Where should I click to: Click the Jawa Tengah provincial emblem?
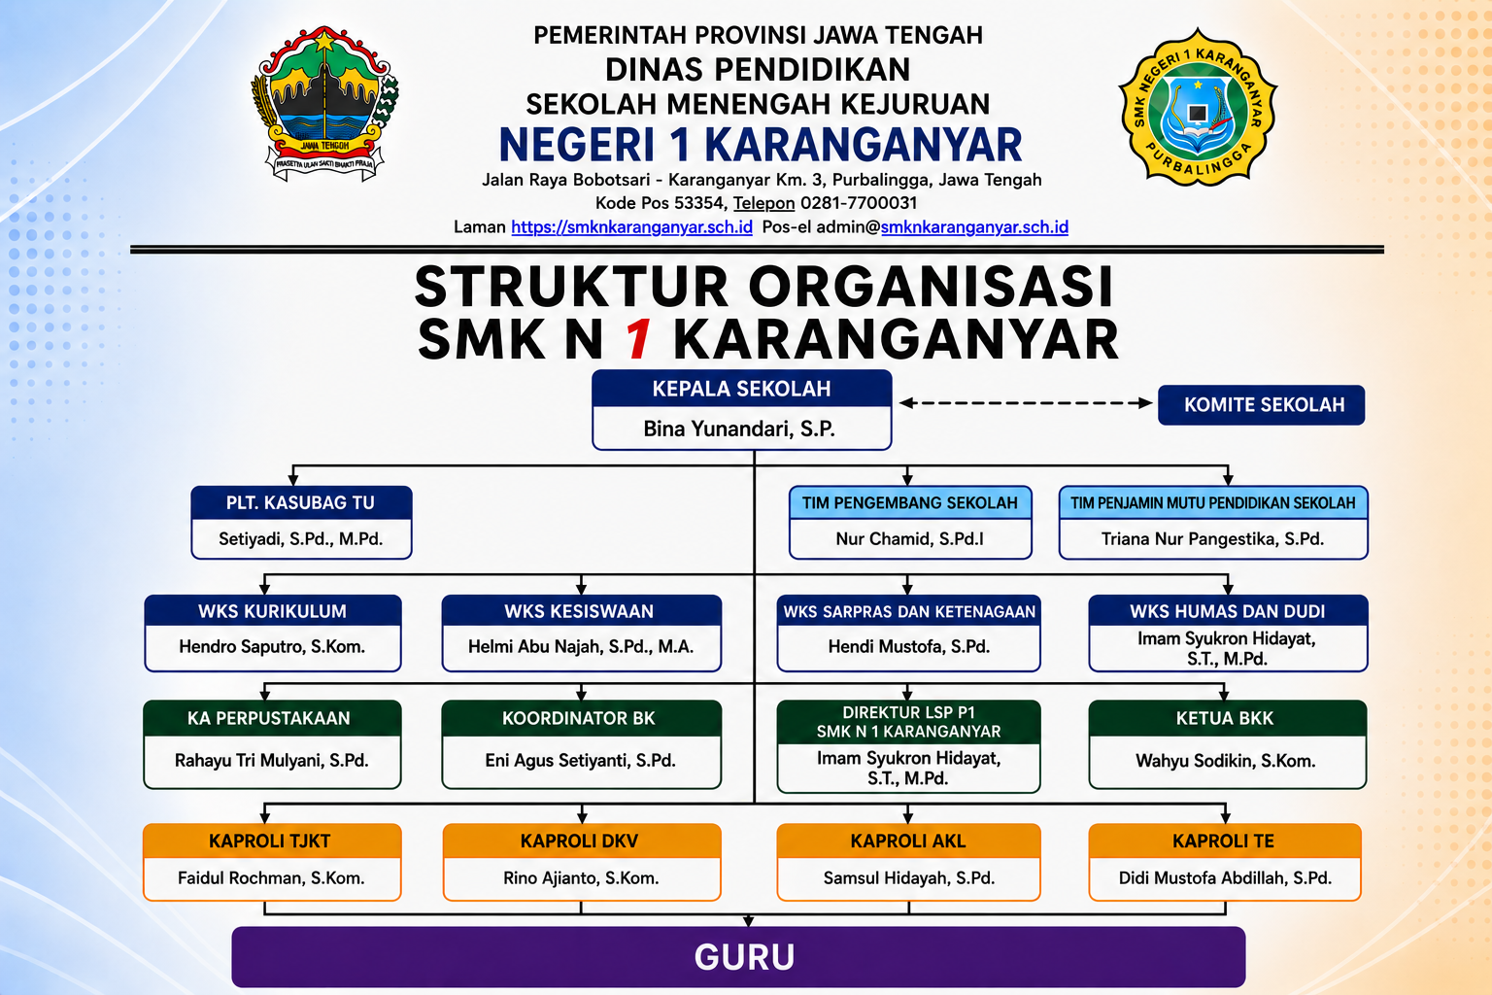pyautogui.click(x=324, y=104)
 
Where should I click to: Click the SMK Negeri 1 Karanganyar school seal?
pyautogui.click(x=1198, y=107)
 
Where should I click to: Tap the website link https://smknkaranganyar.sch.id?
pyautogui.click(x=631, y=227)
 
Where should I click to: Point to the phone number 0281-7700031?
pyautogui.click(x=859, y=203)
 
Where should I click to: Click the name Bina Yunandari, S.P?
pyautogui.click(x=739, y=429)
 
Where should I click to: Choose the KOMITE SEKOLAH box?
pyautogui.click(x=1262, y=404)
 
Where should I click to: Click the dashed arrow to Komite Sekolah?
pyautogui.click(x=1026, y=402)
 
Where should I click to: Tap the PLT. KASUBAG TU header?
pyautogui.click(x=301, y=502)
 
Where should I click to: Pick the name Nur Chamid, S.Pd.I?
pyautogui.click(x=910, y=538)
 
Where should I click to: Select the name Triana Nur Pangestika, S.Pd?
pyautogui.click(x=1212, y=538)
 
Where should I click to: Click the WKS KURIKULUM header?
pyautogui.click(x=272, y=611)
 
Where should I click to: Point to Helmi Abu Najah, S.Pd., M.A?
pyautogui.click(x=581, y=646)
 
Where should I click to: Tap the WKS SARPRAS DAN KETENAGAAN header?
pyautogui.click(x=909, y=611)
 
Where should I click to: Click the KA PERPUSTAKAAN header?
pyautogui.click(x=268, y=718)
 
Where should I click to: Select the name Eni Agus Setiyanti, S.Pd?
pyautogui.click(x=580, y=761)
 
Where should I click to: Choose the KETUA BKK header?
pyautogui.click(x=1224, y=718)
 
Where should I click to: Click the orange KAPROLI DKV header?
pyautogui.click(x=580, y=841)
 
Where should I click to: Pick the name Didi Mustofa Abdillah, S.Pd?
pyautogui.click(x=1225, y=877)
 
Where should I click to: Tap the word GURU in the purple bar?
pyautogui.click(x=744, y=957)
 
